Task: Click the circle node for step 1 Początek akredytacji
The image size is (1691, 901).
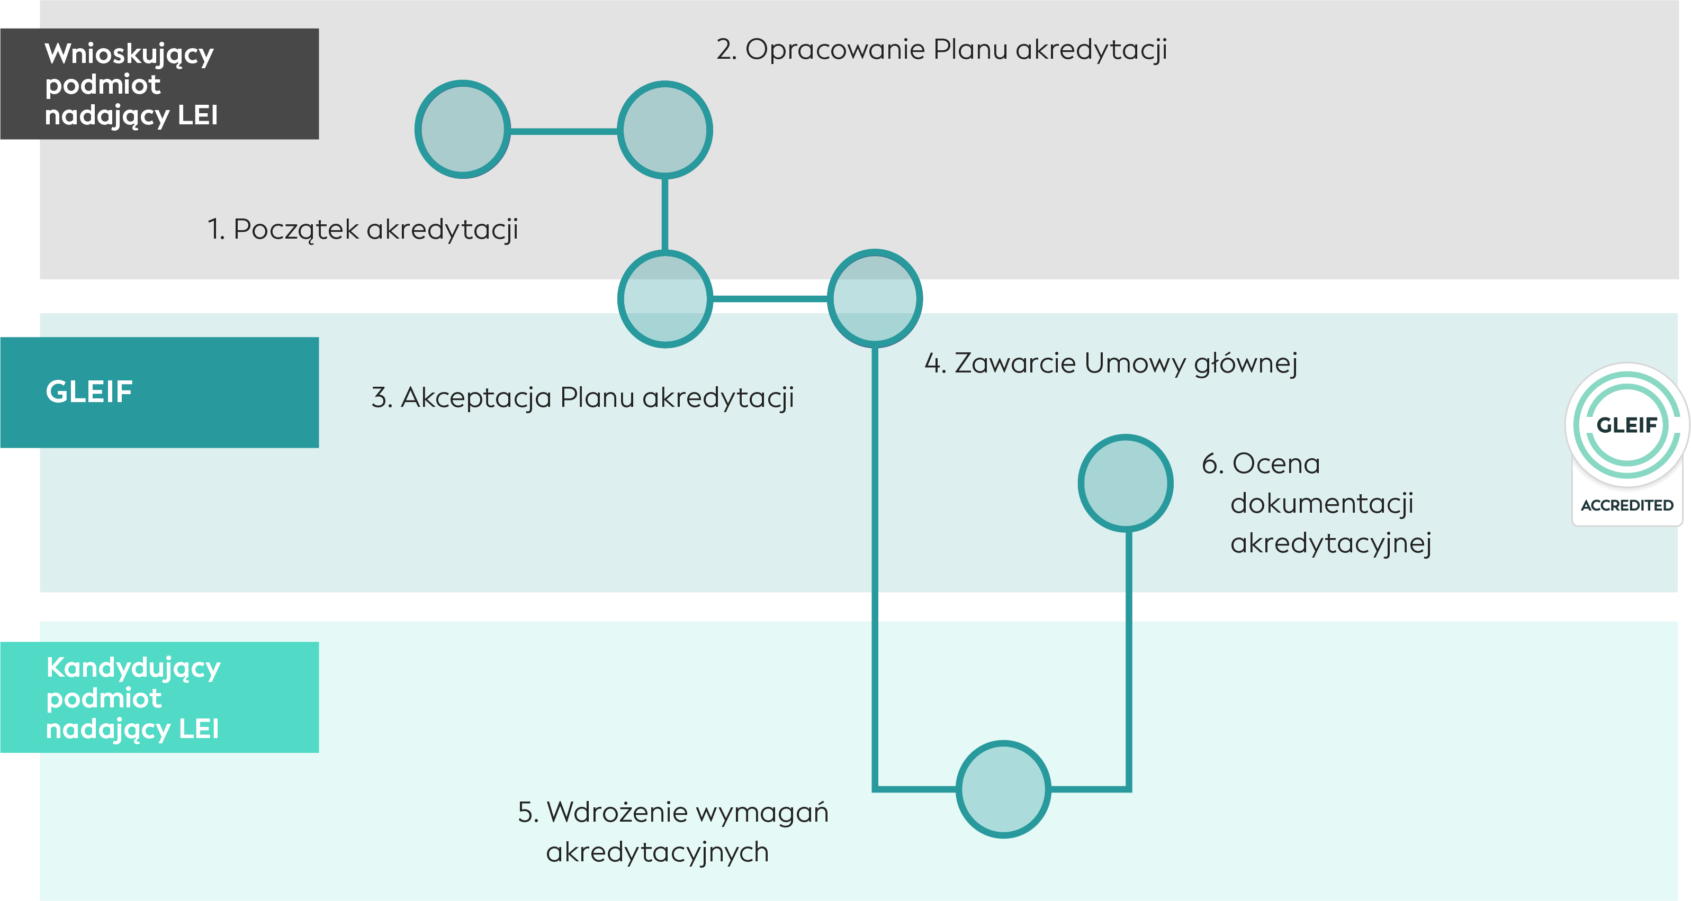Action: pos(463,129)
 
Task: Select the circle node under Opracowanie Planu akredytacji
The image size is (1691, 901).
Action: pos(665,130)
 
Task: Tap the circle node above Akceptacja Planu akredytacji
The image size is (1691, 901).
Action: pos(665,298)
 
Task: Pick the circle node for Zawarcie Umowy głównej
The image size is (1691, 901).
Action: pos(875,298)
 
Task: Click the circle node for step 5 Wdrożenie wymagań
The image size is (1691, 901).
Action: pos(1004,789)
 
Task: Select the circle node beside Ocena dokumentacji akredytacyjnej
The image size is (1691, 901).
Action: pos(1126,483)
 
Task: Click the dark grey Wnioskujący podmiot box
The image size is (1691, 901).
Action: pos(159,84)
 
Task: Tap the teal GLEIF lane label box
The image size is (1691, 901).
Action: pos(159,393)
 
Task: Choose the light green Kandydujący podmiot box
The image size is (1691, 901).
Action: pos(159,697)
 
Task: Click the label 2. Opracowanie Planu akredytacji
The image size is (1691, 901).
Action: pos(941,50)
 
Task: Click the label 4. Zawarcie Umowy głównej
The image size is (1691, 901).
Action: pos(1111,363)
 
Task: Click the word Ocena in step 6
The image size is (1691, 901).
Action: pos(1276,464)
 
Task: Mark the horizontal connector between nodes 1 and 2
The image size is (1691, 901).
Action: pos(564,131)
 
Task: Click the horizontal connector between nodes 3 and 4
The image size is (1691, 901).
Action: pos(770,298)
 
